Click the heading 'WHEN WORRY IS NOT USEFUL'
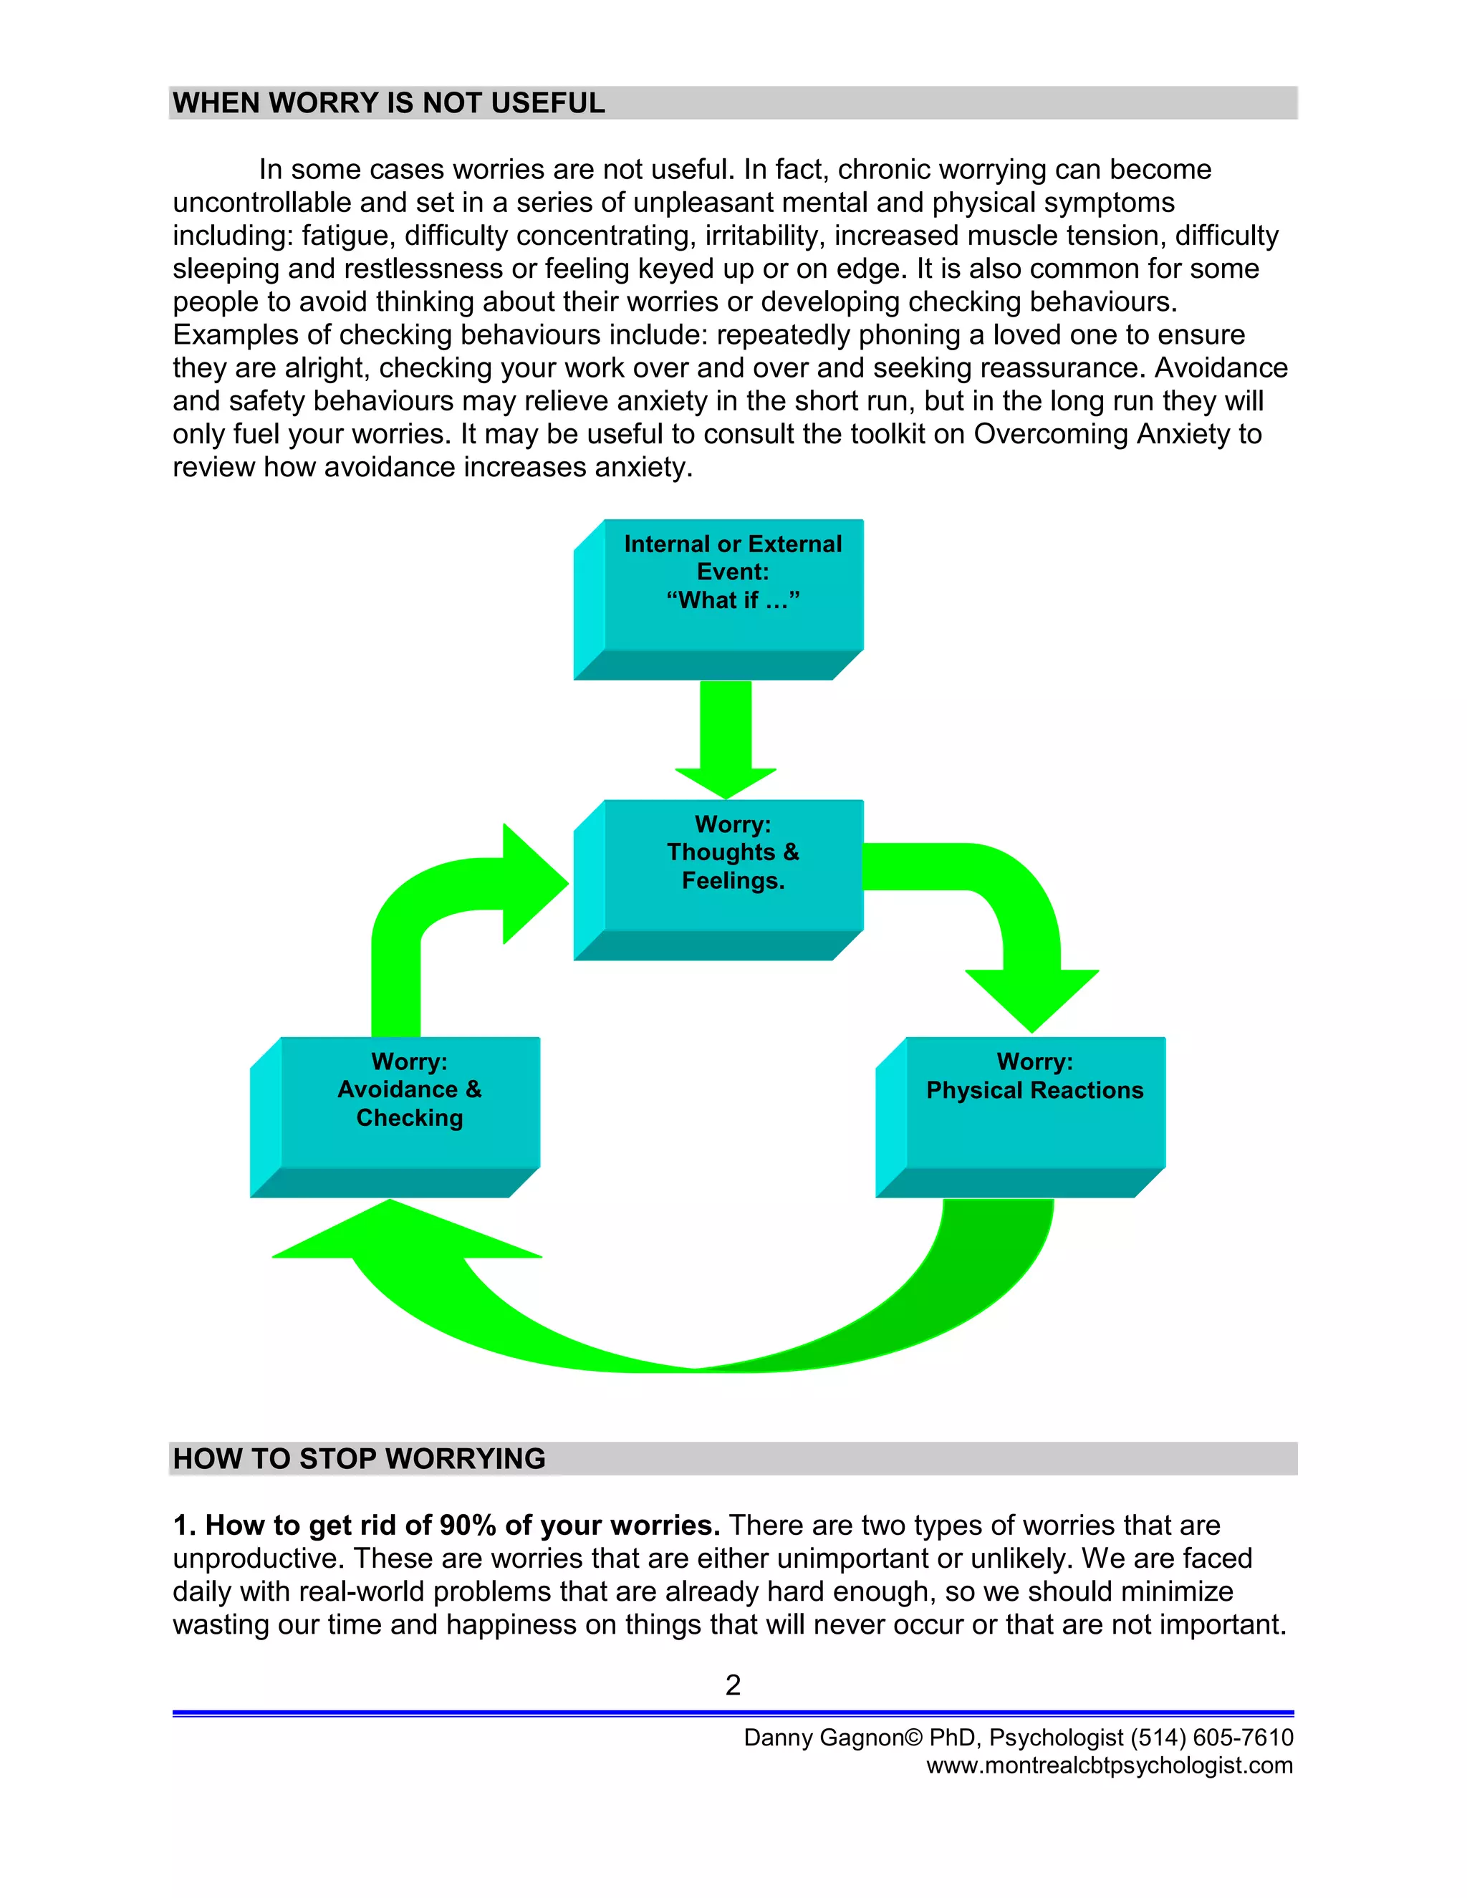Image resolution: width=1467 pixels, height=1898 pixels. pyautogui.click(x=388, y=103)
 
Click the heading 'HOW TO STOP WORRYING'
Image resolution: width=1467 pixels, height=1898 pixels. pyautogui.click(x=359, y=1459)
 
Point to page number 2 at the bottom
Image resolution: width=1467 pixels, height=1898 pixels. pyautogui.click(x=733, y=1685)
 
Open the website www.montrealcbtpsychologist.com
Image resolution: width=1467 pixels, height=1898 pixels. pyautogui.click(x=1109, y=1765)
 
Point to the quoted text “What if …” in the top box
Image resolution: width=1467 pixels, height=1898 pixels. pyautogui.click(x=733, y=599)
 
